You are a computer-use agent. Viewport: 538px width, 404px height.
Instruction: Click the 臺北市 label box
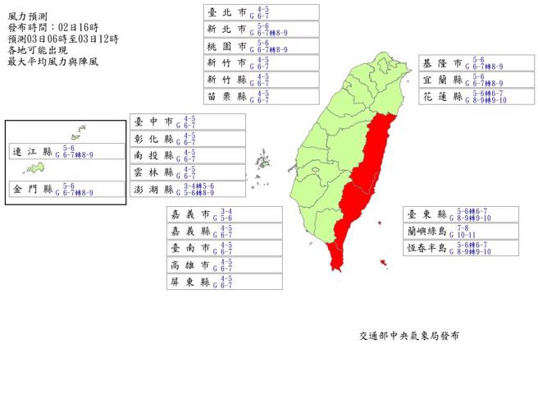pos(262,11)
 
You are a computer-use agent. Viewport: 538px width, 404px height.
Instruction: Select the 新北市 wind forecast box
pos(262,29)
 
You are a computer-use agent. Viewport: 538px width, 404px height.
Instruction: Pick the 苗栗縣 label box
pos(262,96)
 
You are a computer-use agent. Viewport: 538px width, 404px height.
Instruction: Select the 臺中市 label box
pos(188,122)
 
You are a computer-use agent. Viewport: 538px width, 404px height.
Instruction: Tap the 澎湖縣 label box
pos(188,189)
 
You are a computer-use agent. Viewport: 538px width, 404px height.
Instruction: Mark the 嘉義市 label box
pos(224,214)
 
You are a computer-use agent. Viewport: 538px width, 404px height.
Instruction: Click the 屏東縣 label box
pos(224,282)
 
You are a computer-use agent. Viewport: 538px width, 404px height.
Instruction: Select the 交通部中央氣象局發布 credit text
pos(408,336)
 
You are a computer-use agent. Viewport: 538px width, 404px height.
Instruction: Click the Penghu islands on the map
pos(263,159)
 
